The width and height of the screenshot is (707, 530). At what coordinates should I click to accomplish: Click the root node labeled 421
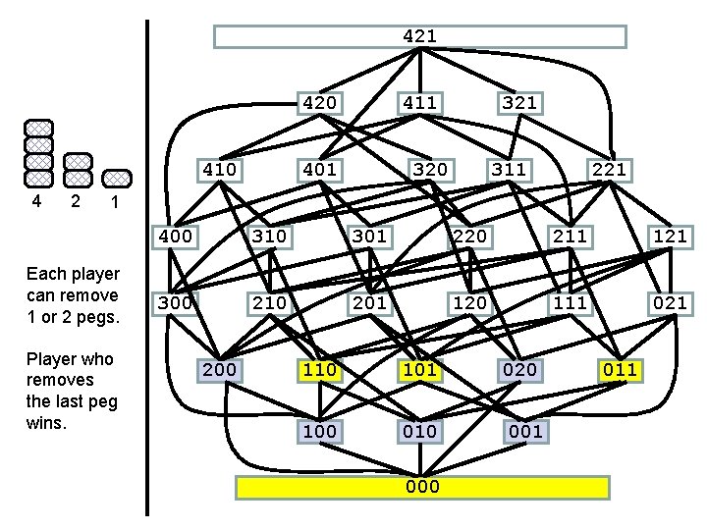[419, 36]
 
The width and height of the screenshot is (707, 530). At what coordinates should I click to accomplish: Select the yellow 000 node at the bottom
[423, 487]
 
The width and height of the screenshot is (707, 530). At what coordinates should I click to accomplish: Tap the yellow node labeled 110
[320, 370]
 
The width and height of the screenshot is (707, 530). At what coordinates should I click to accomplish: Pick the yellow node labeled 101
[419, 370]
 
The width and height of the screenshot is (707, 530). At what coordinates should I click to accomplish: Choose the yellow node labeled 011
[620, 370]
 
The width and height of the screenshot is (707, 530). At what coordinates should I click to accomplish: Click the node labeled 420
[320, 102]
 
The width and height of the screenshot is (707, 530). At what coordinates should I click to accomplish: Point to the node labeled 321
[519, 102]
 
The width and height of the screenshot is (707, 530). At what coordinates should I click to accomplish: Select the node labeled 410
[219, 170]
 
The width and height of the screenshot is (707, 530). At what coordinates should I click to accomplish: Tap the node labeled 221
[607, 170]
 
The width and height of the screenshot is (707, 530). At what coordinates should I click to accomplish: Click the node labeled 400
[174, 236]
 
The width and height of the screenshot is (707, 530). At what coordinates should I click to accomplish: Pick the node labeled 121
[670, 236]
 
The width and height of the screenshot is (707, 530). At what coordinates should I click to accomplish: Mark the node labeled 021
[670, 302]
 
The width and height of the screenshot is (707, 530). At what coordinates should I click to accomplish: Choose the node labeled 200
[219, 370]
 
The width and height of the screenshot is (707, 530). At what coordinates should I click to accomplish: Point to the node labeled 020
[519, 370]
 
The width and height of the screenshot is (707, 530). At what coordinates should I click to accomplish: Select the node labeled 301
[370, 236]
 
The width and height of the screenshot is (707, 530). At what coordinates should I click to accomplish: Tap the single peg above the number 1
[116, 178]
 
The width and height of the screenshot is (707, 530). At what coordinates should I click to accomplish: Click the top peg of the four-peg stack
[38, 129]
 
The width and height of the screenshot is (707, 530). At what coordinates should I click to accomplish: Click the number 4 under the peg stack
[36, 201]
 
